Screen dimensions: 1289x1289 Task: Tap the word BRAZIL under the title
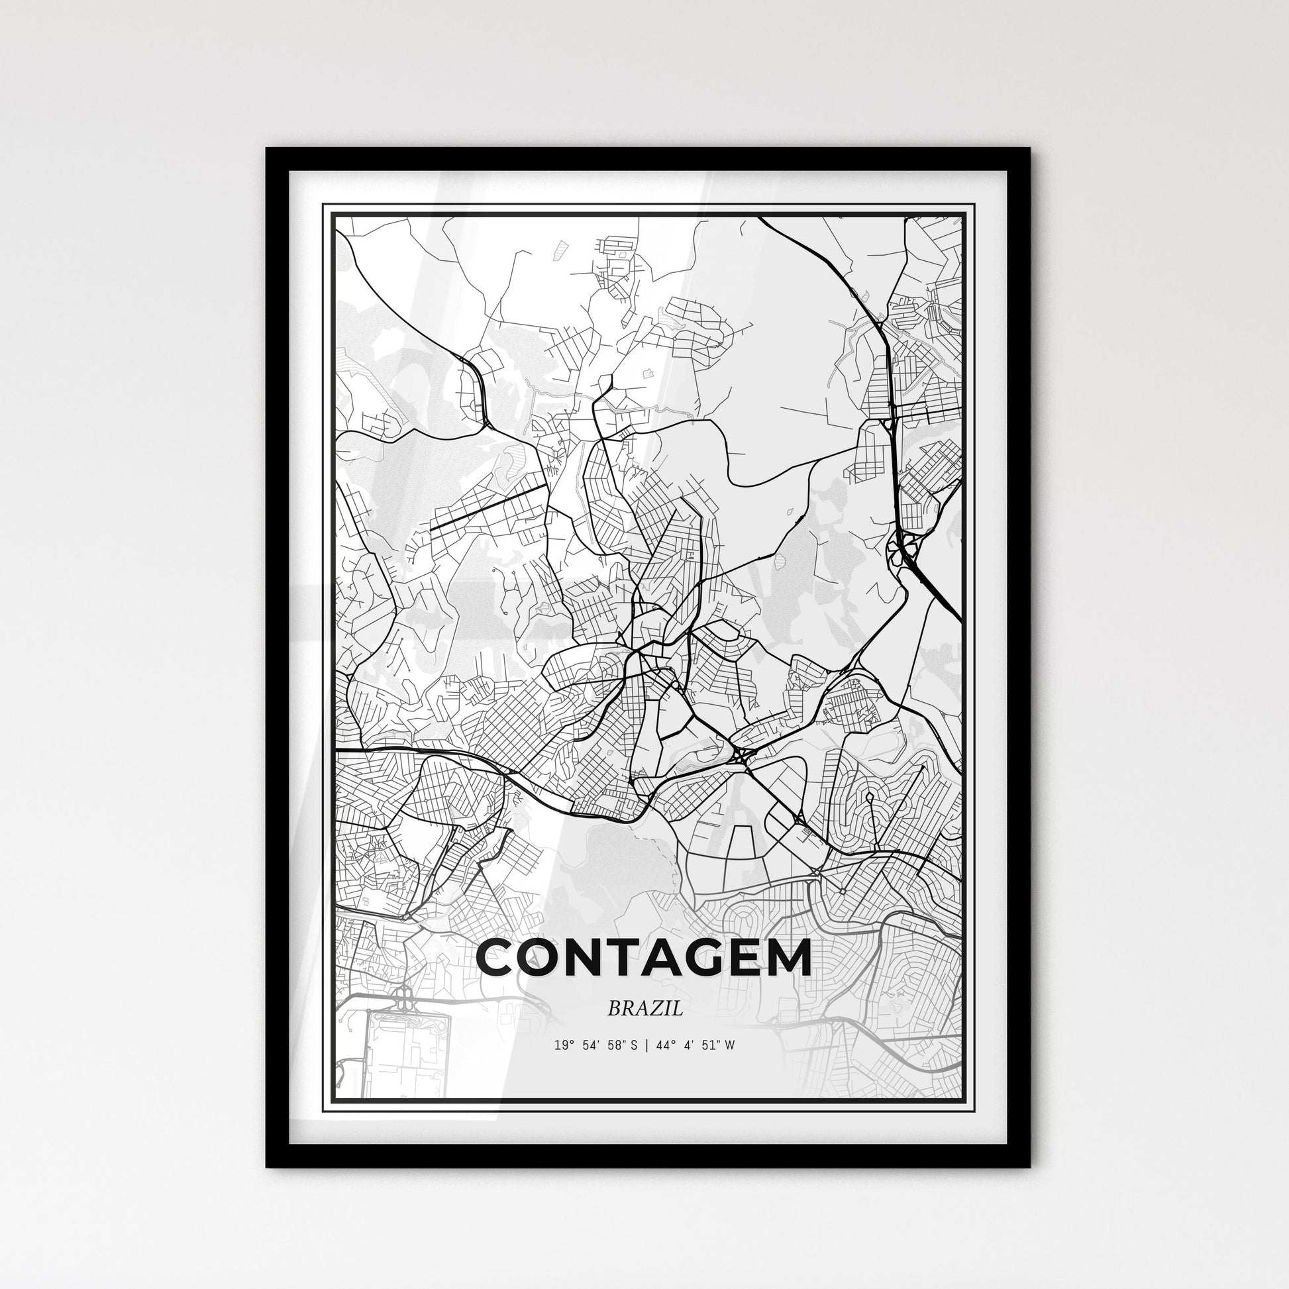(644, 1009)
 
